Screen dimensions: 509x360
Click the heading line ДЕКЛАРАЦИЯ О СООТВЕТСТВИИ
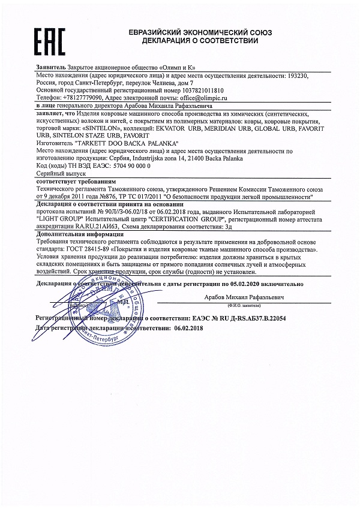200,41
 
